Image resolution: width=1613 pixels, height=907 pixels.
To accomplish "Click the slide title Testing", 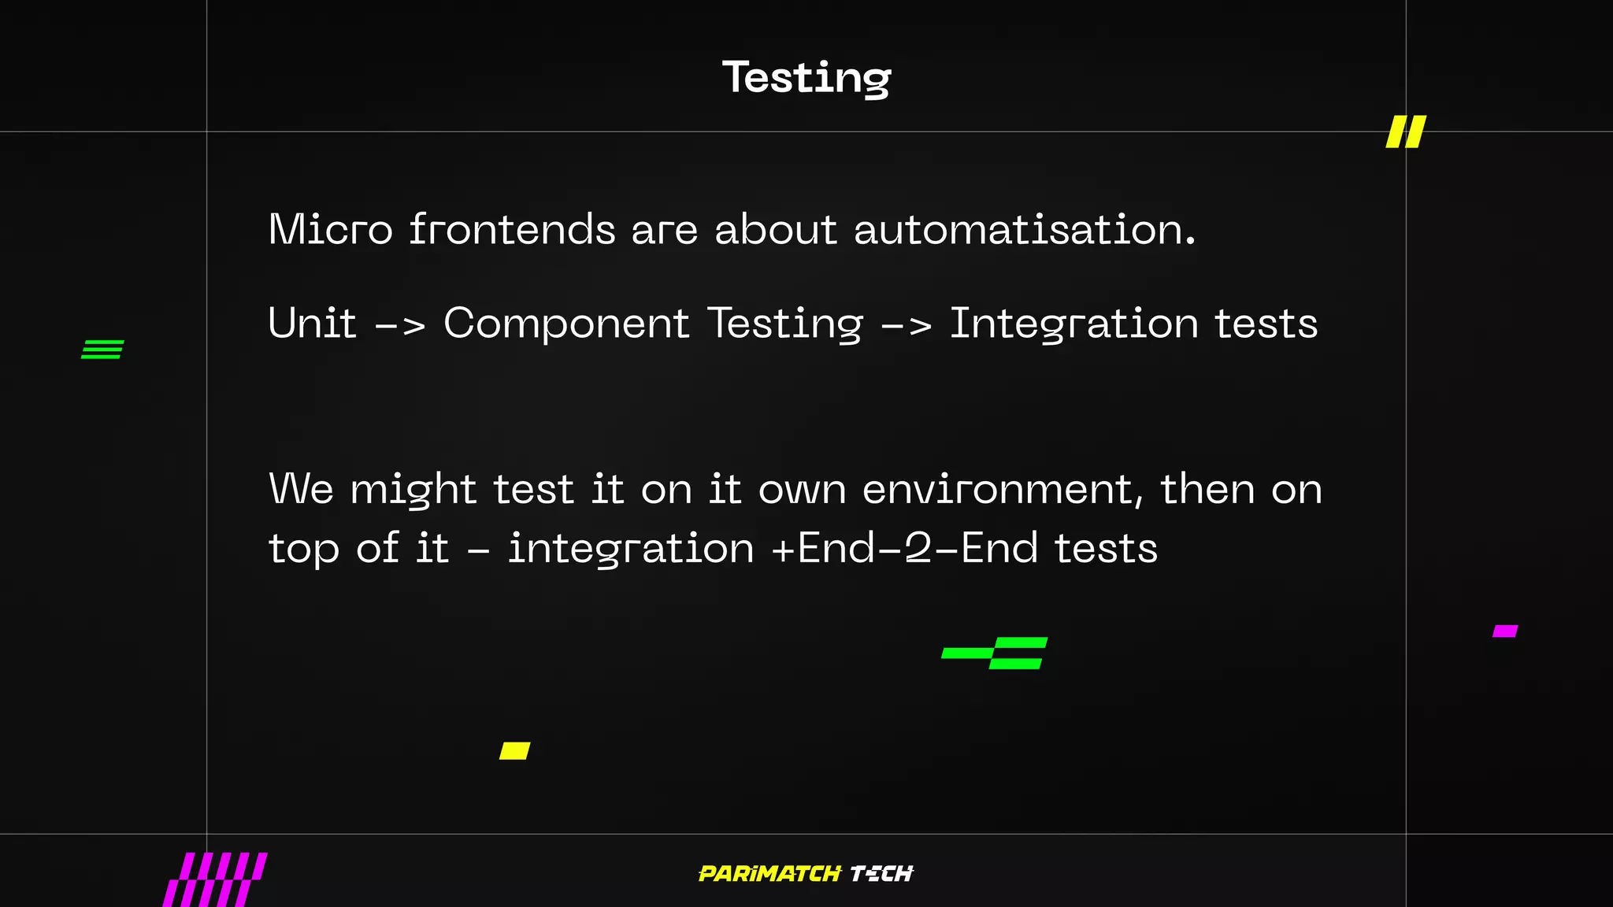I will tap(806, 78).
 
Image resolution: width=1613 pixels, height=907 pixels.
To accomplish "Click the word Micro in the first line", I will tap(330, 230).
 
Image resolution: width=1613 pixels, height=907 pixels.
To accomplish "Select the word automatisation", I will tap(1024, 230).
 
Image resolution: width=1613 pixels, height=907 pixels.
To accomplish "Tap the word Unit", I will tap(312, 324).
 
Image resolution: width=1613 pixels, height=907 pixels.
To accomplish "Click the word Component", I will tap(566, 324).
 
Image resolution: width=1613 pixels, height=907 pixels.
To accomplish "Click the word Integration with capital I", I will tap(1073, 324).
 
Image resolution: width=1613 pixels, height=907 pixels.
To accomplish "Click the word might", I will tap(413, 490).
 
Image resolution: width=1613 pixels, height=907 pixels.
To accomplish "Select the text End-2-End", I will tap(918, 548).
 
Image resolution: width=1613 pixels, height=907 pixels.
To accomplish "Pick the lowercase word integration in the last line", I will tap(631, 549).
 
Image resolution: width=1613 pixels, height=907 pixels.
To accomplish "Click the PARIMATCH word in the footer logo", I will tap(769, 874).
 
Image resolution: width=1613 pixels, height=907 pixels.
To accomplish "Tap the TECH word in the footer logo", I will tap(881, 874).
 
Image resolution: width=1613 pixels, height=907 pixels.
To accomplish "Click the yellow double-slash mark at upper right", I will tap(1406, 131).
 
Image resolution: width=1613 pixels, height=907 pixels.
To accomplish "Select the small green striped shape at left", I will tap(102, 350).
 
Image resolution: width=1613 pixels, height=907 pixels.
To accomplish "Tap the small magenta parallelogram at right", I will tap(1505, 631).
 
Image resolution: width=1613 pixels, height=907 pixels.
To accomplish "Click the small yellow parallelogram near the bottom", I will tap(515, 750).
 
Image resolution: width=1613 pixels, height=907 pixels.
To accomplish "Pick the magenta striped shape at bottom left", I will tap(215, 879).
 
